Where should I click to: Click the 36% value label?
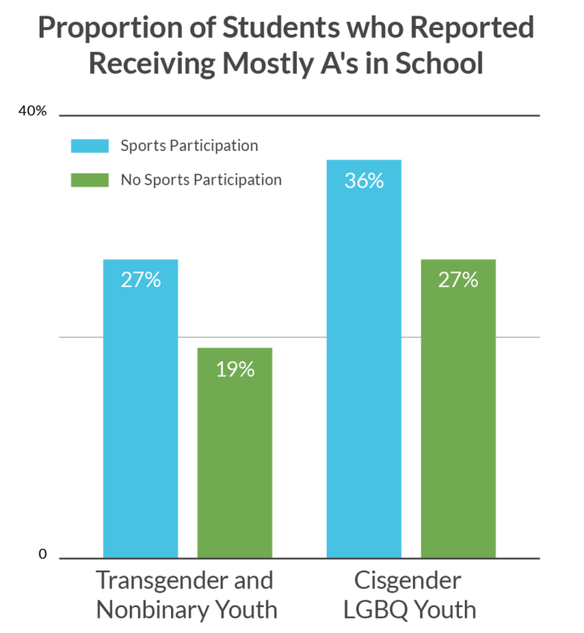click(x=363, y=181)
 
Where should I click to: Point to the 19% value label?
click(x=234, y=370)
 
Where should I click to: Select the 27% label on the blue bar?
click(x=140, y=280)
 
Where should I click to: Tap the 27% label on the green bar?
click(x=457, y=280)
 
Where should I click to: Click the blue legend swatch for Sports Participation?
click(x=88, y=147)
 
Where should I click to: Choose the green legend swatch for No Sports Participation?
click(x=88, y=180)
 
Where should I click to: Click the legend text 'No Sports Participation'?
click(x=201, y=180)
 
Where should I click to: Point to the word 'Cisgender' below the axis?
click(x=407, y=581)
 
